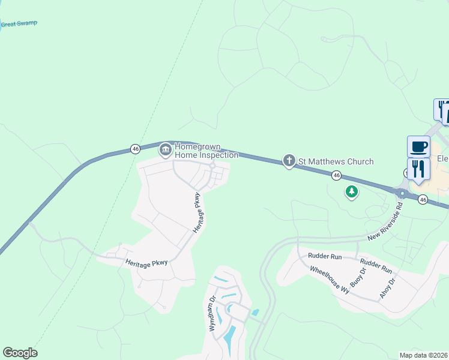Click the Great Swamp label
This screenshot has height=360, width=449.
19,24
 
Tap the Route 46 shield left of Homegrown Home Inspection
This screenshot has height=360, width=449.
135,148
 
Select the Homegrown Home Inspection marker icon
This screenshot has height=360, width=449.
165,149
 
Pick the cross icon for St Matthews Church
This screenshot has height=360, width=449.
289,161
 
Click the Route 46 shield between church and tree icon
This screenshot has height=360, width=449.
337,175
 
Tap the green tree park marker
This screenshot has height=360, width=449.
351,192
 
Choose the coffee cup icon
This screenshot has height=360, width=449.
418,146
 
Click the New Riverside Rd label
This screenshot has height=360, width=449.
385,220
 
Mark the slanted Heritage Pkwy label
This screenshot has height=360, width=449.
199,213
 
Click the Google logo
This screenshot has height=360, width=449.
20,352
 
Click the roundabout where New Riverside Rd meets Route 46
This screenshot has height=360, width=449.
401,193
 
